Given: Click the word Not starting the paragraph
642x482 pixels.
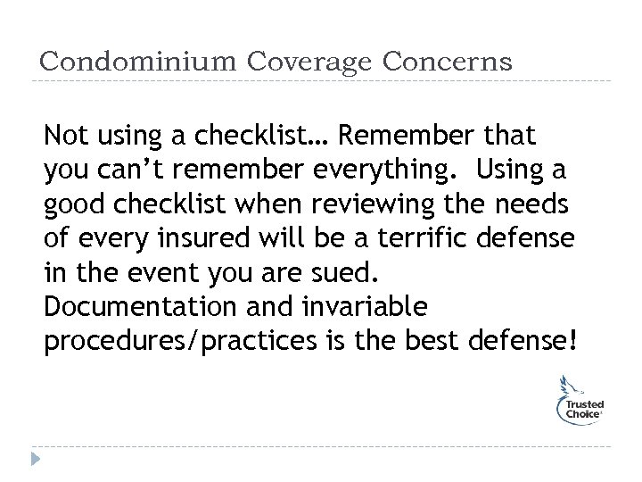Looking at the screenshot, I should (66, 136).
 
